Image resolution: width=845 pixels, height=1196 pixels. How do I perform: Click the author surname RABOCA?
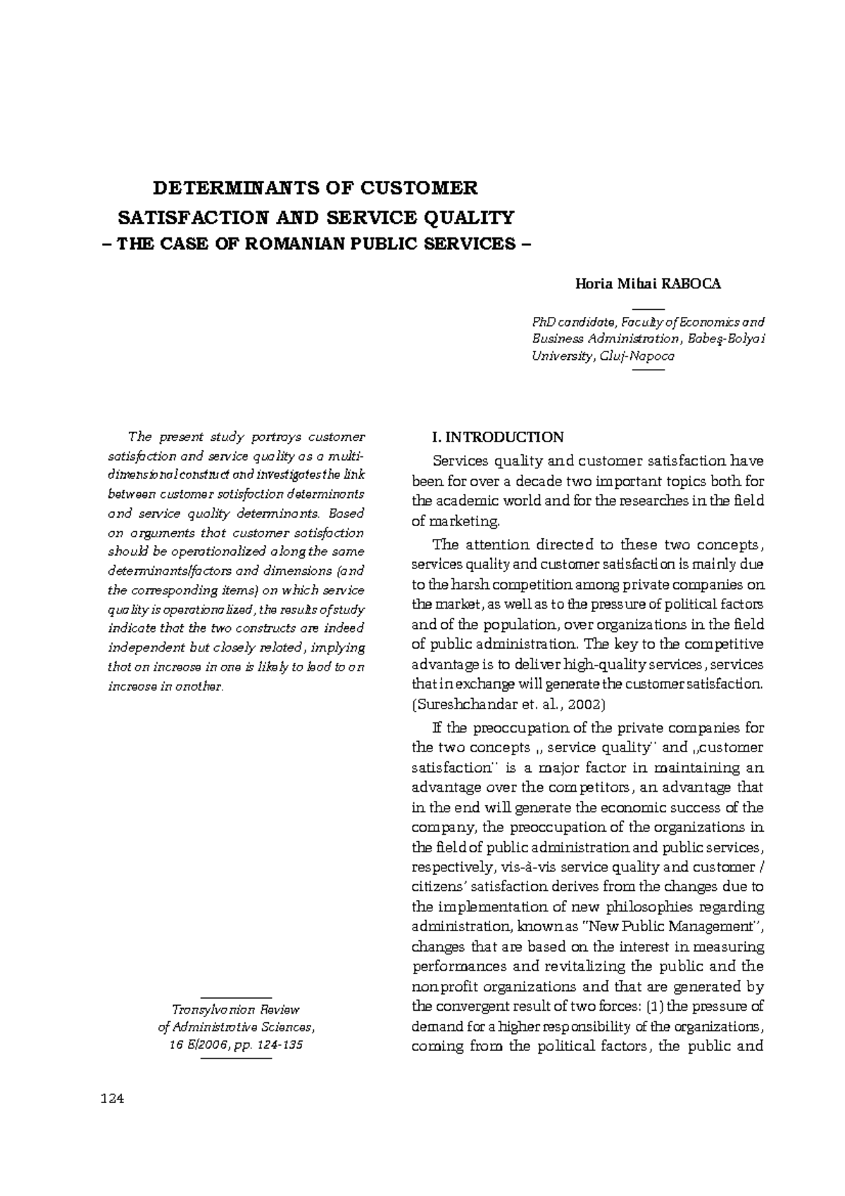click(694, 284)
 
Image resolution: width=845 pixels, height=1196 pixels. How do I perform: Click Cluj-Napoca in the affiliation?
click(637, 356)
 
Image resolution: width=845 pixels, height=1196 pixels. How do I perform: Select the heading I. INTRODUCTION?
click(497, 437)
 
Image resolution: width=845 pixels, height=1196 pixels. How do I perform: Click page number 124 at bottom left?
click(113, 1099)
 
